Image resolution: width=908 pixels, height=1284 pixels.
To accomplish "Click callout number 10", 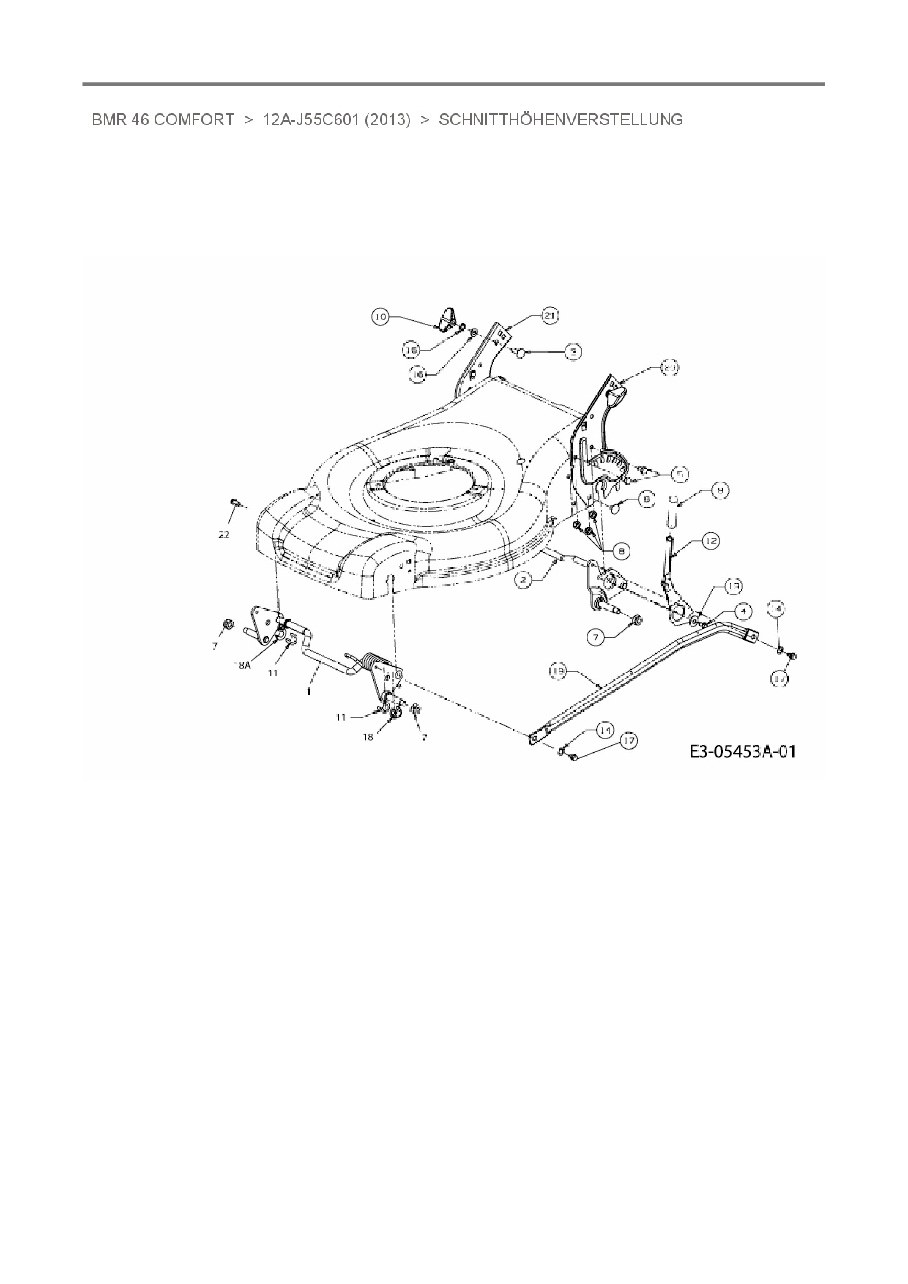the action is [380, 317].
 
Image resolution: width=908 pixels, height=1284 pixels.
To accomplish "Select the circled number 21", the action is [549, 316].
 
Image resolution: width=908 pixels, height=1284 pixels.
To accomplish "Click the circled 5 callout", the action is [679, 474].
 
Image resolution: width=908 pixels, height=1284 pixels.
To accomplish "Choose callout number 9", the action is [720, 491].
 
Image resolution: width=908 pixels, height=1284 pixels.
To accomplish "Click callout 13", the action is [733, 586].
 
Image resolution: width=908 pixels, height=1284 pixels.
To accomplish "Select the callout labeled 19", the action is [559, 670].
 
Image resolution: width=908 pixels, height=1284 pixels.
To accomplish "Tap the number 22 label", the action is [223, 534].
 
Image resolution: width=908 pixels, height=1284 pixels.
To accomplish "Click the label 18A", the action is [243, 665].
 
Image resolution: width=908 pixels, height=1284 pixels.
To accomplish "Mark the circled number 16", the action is [417, 374].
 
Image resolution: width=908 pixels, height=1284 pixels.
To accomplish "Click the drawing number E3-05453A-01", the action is [742, 752].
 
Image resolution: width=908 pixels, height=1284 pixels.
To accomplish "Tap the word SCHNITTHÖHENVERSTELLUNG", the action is [560, 120].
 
